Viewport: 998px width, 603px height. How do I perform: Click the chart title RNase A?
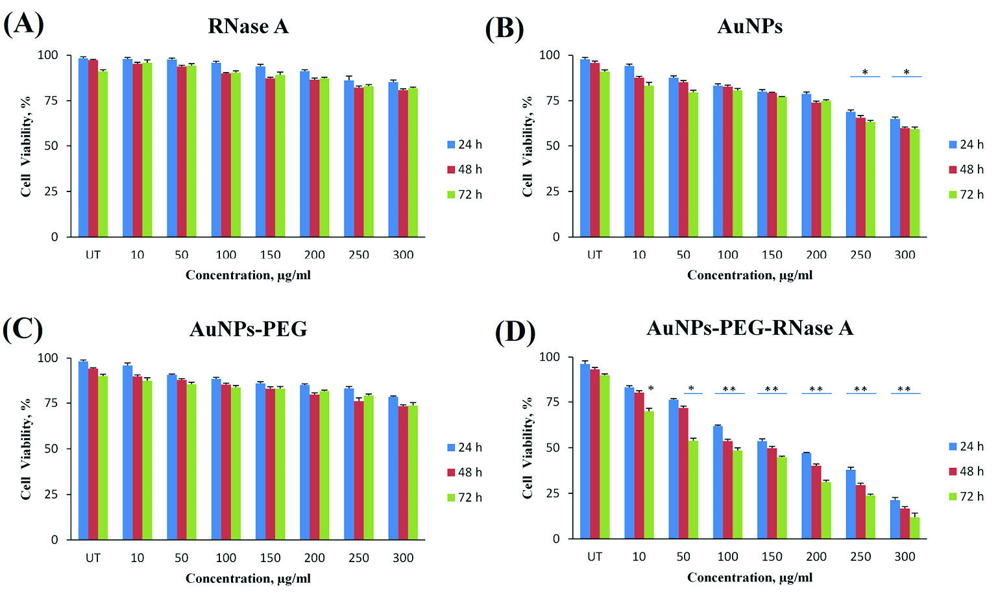[x=248, y=26]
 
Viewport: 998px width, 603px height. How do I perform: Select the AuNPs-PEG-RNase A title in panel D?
[x=749, y=328]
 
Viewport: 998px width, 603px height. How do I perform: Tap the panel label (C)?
[x=23, y=329]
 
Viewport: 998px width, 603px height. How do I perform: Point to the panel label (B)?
[x=505, y=29]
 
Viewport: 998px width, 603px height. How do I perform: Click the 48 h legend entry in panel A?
[x=465, y=169]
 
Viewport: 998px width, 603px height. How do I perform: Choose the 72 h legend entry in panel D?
[x=966, y=497]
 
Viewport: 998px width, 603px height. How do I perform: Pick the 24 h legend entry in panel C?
[x=465, y=447]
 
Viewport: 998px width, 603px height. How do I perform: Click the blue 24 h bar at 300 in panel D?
[x=895, y=519]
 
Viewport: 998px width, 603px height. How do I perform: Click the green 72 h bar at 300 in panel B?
[x=914, y=183]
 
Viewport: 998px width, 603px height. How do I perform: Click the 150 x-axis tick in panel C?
[x=270, y=558]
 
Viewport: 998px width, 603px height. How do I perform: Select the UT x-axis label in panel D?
[x=594, y=557]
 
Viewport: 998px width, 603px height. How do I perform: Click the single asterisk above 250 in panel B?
[x=865, y=72]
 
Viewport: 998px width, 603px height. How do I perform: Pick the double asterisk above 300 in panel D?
[x=904, y=389]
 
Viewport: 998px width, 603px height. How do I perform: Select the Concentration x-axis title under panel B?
[x=749, y=275]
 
